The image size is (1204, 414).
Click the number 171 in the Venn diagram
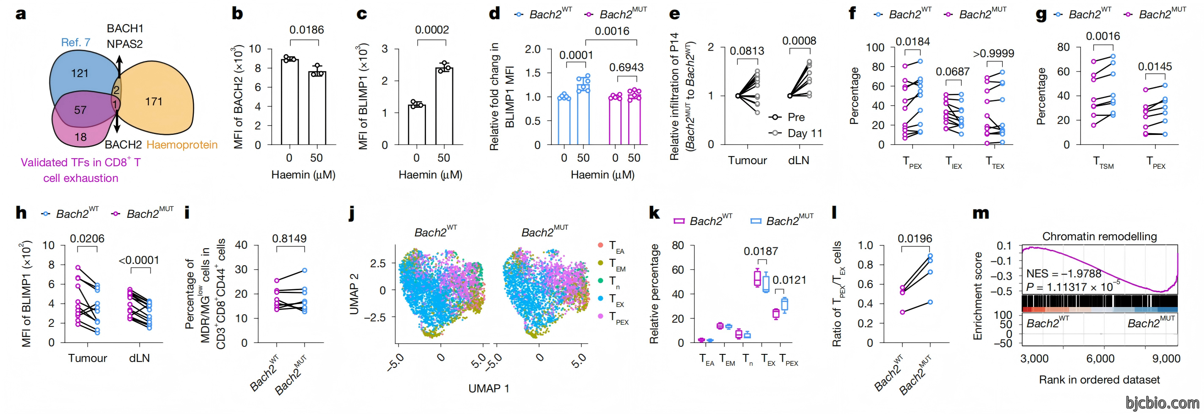pyautogui.click(x=154, y=101)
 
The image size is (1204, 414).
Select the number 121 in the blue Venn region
pyautogui.click(x=80, y=73)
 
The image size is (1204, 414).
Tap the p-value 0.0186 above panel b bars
pyautogui.click(x=307, y=30)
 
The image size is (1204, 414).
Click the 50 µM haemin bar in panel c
pyautogui.click(x=444, y=106)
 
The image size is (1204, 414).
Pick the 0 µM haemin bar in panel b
pyautogui.click(x=289, y=102)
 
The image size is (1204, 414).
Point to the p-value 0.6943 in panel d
pyautogui.click(x=626, y=68)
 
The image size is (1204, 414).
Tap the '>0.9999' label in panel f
pyautogui.click(x=994, y=54)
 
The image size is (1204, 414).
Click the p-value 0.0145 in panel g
pyautogui.click(x=1155, y=67)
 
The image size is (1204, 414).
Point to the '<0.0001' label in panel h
pyautogui.click(x=139, y=260)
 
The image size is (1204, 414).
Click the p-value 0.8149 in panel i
pyautogui.click(x=289, y=239)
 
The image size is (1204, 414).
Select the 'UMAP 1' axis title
pyautogui.click(x=489, y=388)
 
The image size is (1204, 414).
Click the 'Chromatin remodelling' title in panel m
pyautogui.click(x=1100, y=236)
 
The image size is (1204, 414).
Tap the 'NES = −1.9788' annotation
pyautogui.click(x=1064, y=273)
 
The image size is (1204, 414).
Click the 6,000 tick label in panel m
pyautogui.click(x=1100, y=359)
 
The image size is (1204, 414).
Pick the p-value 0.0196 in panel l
pyautogui.click(x=915, y=239)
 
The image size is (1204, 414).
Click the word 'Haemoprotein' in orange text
pyautogui.click(x=182, y=145)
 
